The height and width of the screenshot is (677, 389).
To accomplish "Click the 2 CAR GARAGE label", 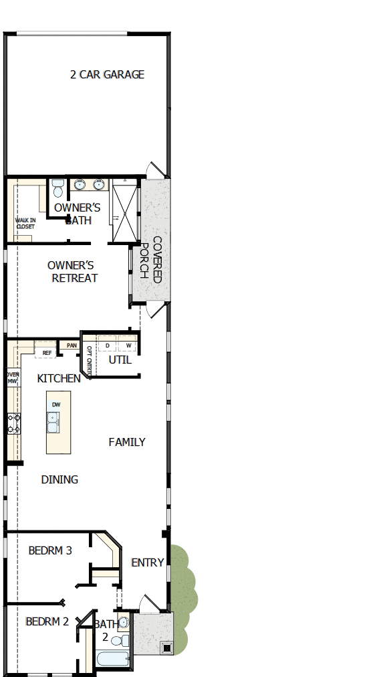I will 107,74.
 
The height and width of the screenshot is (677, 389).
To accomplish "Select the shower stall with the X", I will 125,208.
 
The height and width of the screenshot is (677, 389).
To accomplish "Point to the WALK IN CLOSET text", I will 25,223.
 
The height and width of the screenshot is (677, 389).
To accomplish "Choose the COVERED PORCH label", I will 150,259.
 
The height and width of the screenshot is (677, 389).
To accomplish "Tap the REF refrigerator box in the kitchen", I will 47,352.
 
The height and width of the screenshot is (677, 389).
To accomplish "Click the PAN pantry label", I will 72,346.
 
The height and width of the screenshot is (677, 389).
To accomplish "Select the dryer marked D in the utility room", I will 107,346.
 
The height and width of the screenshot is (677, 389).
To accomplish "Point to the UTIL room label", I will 120,360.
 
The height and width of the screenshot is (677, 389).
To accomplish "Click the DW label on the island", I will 56,404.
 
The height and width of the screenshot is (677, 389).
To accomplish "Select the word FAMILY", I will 127,442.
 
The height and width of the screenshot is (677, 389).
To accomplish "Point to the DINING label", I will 59,479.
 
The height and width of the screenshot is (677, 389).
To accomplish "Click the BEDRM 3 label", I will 50,550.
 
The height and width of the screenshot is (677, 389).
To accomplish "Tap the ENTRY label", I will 148,562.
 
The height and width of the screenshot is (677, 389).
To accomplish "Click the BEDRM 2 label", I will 47,621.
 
